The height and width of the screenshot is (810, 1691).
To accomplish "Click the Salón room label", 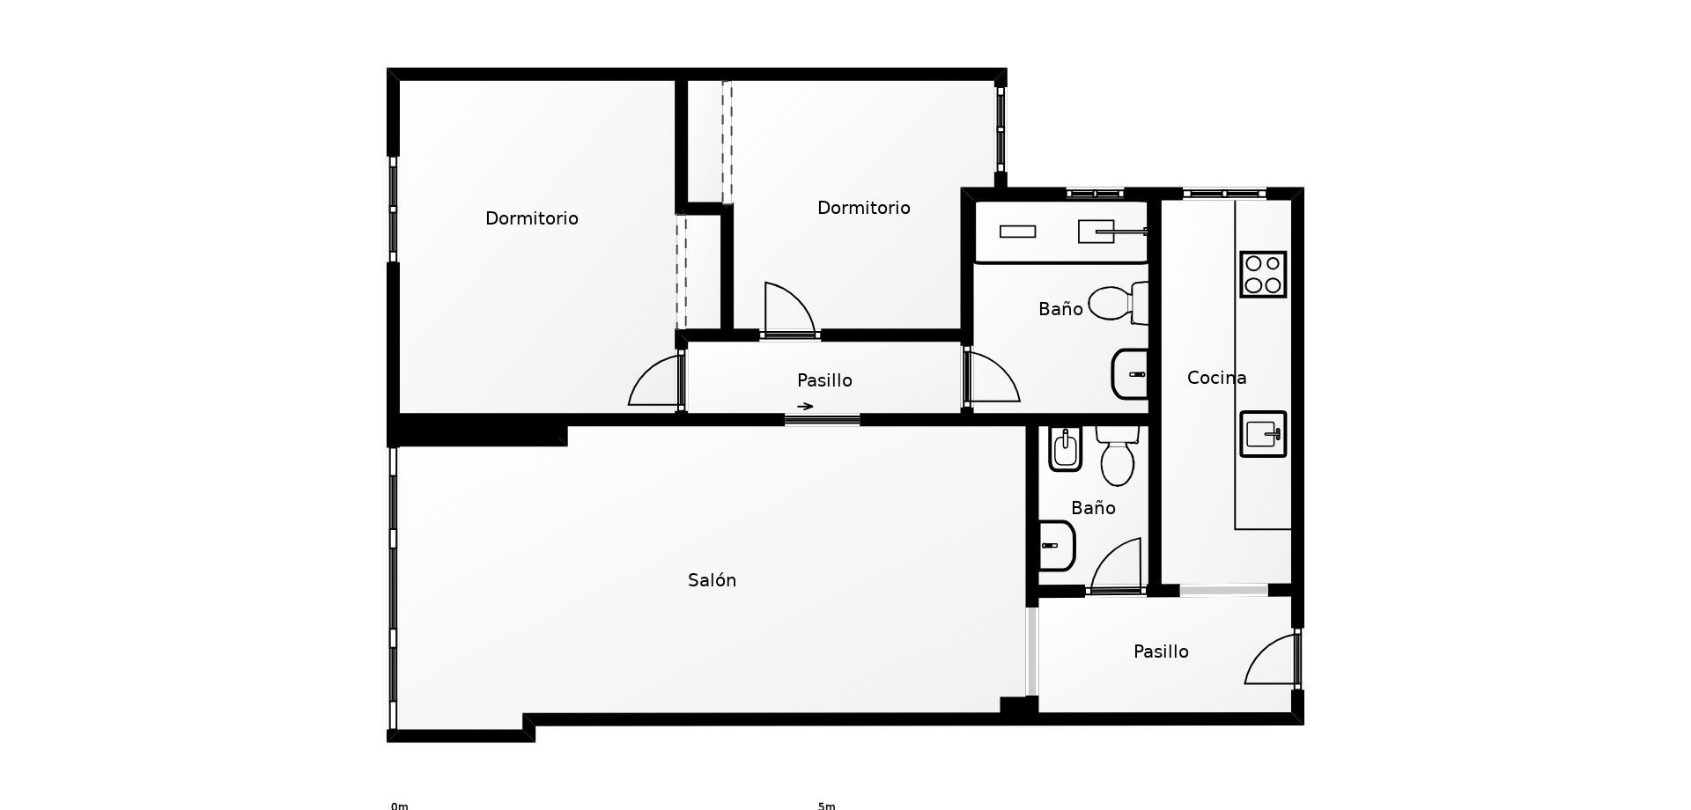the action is point(712,580).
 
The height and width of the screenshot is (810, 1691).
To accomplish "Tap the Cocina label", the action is point(1216,378).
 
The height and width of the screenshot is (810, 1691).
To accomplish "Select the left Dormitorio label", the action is point(532,218).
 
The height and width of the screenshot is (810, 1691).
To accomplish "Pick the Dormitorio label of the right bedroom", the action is point(864,208).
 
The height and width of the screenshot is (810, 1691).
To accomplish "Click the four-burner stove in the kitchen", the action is point(1263,274).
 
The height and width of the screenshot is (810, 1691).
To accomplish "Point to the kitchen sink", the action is point(1263,434).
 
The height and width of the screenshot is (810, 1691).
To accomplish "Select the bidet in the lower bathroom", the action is point(1065,449).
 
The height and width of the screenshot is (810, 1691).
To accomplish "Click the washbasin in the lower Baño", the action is point(1057,546).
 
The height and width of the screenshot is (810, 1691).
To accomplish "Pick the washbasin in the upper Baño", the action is point(1130,374).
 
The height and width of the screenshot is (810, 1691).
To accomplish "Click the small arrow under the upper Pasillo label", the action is point(805,407).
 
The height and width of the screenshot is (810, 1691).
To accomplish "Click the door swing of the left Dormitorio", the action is point(654,379).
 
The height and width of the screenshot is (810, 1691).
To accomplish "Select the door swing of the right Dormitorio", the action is point(788,308).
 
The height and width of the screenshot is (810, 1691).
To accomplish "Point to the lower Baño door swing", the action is point(1116,564).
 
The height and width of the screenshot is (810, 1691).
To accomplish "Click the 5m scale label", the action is point(826,806).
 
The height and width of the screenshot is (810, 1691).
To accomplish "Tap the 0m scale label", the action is point(400,806).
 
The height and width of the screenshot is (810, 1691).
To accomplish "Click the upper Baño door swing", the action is point(993,377).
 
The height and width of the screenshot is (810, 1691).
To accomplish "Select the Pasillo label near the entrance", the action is point(1161,652).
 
